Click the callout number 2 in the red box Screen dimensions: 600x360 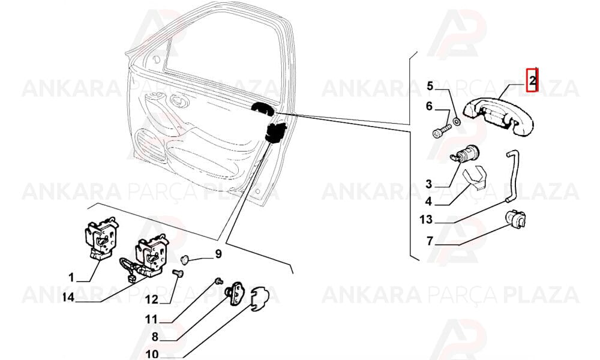[x=532, y=80]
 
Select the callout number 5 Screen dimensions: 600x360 [x=430, y=86]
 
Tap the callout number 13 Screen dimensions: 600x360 [x=426, y=220]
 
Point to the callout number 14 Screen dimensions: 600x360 [x=68, y=297]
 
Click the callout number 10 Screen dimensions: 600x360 [x=152, y=354]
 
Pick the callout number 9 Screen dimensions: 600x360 [x=218, y=254]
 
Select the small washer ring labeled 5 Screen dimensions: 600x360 [x=457, y=122]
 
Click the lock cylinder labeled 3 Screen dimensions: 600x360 [x=463, y=154]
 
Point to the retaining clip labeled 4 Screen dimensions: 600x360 [x=474, y=178]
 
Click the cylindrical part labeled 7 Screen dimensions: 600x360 [x=515, y=220]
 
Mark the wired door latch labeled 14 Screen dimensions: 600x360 [x=145, y=257]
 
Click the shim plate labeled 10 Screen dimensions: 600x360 [x=260, y=298]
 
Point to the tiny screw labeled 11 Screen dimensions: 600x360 [x=219, y=281]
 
